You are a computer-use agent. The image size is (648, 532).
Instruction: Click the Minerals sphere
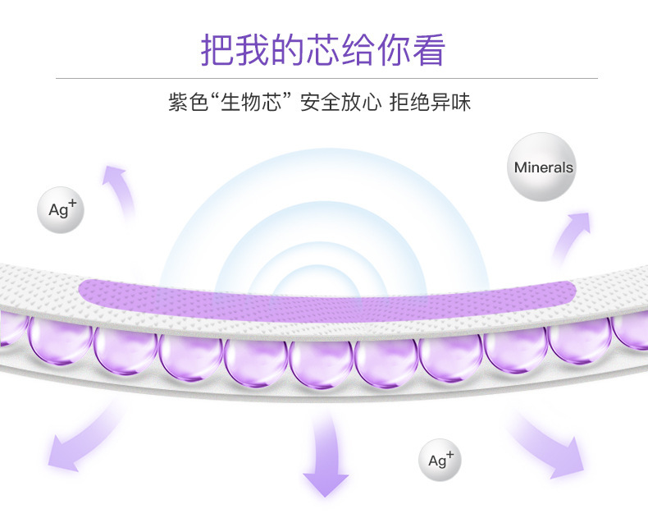click(543, 167)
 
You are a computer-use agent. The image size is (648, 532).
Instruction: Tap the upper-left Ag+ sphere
click(61, 209)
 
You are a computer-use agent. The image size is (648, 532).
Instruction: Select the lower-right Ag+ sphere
click(440, 460)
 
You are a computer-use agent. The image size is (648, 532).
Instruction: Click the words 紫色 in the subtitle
click(189, 104)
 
